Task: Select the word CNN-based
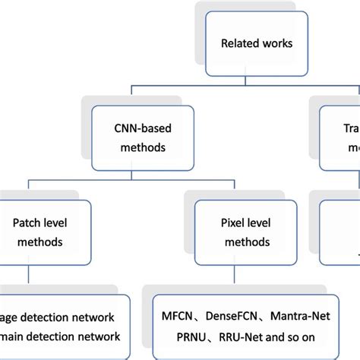coord(137,125)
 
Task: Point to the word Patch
coord(27,224)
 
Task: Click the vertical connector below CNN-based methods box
coord(137,173)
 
